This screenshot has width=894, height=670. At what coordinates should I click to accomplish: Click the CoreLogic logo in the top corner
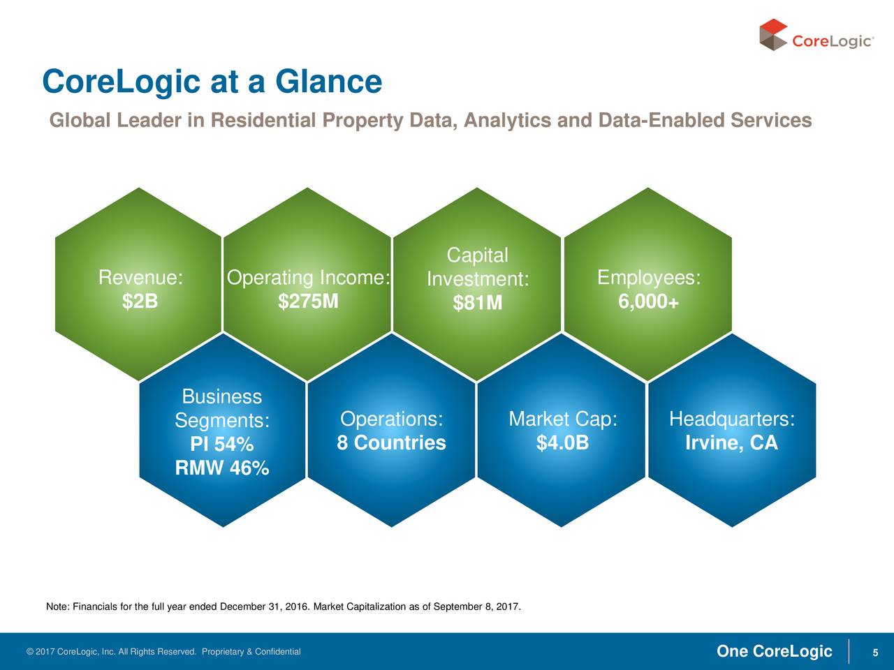click(816, 36)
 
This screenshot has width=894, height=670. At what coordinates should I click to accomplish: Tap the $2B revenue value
click(140, 301)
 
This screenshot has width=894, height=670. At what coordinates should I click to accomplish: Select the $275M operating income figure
click(308, 301)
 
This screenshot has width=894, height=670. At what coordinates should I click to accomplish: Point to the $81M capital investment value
click(477, 303)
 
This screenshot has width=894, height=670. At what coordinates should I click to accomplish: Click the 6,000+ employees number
click(648, 302)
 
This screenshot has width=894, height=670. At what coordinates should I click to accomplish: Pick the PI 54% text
click(221, 445)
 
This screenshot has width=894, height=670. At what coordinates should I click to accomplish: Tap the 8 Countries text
click(391, 443)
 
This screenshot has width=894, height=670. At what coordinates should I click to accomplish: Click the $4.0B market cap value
click(562, 443)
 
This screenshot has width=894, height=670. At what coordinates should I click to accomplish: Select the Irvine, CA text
click(731, 443)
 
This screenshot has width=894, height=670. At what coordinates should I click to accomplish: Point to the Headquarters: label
click(731, 419)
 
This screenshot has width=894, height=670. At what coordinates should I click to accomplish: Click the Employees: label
click(648, 278)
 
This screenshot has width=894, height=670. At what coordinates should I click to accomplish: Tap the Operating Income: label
click(308, 278)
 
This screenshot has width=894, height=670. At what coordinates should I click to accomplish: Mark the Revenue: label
click(140, 278)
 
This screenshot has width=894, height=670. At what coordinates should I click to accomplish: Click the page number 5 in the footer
click(874, 653)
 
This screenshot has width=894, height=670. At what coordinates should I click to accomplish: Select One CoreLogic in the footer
click(774, 652)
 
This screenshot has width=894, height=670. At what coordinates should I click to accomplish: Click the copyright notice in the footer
click(163, 652)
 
